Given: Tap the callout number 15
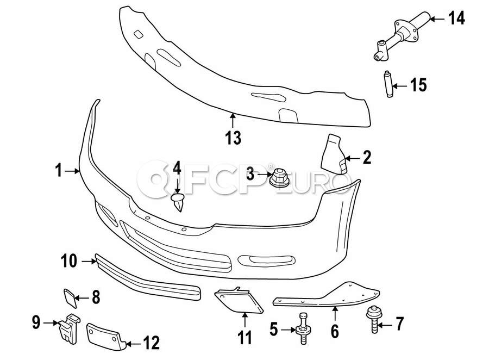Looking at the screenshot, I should click(418, 85).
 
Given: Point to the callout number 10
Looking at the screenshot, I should click(70, 262).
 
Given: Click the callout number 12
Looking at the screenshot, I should click(151, 343).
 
